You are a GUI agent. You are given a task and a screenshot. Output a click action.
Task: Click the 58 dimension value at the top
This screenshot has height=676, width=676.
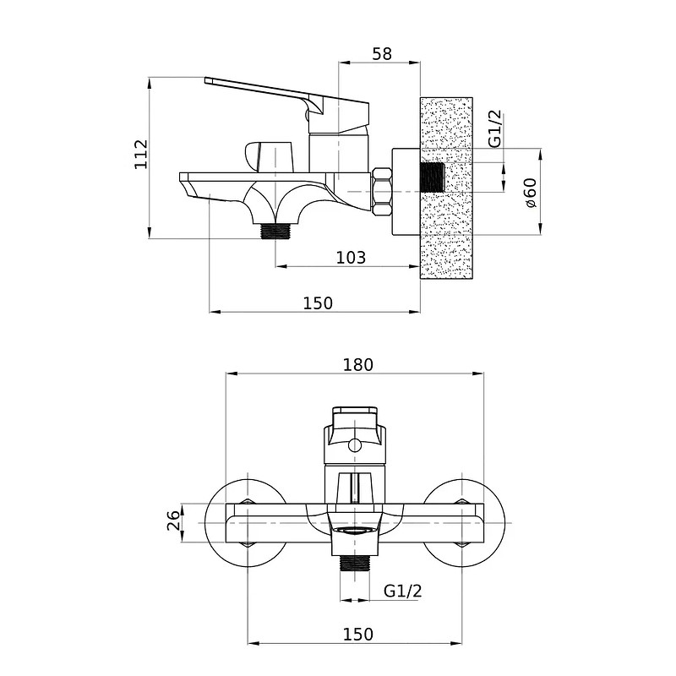pos(382,54)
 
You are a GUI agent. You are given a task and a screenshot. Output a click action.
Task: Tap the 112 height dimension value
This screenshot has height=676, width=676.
pos(141,155)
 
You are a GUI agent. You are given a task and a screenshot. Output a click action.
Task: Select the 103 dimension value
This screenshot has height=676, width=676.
pos(351,258)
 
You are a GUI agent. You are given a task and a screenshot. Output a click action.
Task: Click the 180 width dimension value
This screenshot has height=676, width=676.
pos(357,365)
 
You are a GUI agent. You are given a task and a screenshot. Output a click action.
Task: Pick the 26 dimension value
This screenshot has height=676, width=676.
pos(173,521)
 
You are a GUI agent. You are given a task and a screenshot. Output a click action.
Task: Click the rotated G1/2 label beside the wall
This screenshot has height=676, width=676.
pos(496,128)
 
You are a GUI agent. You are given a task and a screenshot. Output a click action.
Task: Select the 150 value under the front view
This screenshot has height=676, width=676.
pos(357,635)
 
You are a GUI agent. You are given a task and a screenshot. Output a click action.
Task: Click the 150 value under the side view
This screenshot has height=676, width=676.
pos(319,303)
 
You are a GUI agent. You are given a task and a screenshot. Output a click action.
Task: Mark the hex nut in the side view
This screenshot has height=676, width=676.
pos(382,191)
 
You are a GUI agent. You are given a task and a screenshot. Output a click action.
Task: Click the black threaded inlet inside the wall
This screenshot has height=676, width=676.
pos(432,177)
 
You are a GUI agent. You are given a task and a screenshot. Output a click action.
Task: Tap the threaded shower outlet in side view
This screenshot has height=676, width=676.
pos(276,231)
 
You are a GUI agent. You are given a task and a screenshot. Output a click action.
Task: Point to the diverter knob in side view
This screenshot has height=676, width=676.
pos(269,156)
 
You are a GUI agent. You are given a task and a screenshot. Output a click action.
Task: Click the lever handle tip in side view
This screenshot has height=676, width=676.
pos(207,80)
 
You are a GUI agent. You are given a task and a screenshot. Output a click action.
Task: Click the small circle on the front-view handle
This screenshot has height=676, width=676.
pos(355,444)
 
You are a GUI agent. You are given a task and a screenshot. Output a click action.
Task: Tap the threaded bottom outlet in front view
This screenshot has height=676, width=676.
pos(355,563)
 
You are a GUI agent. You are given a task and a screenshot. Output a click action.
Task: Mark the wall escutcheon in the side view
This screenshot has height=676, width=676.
pos(406,192)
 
